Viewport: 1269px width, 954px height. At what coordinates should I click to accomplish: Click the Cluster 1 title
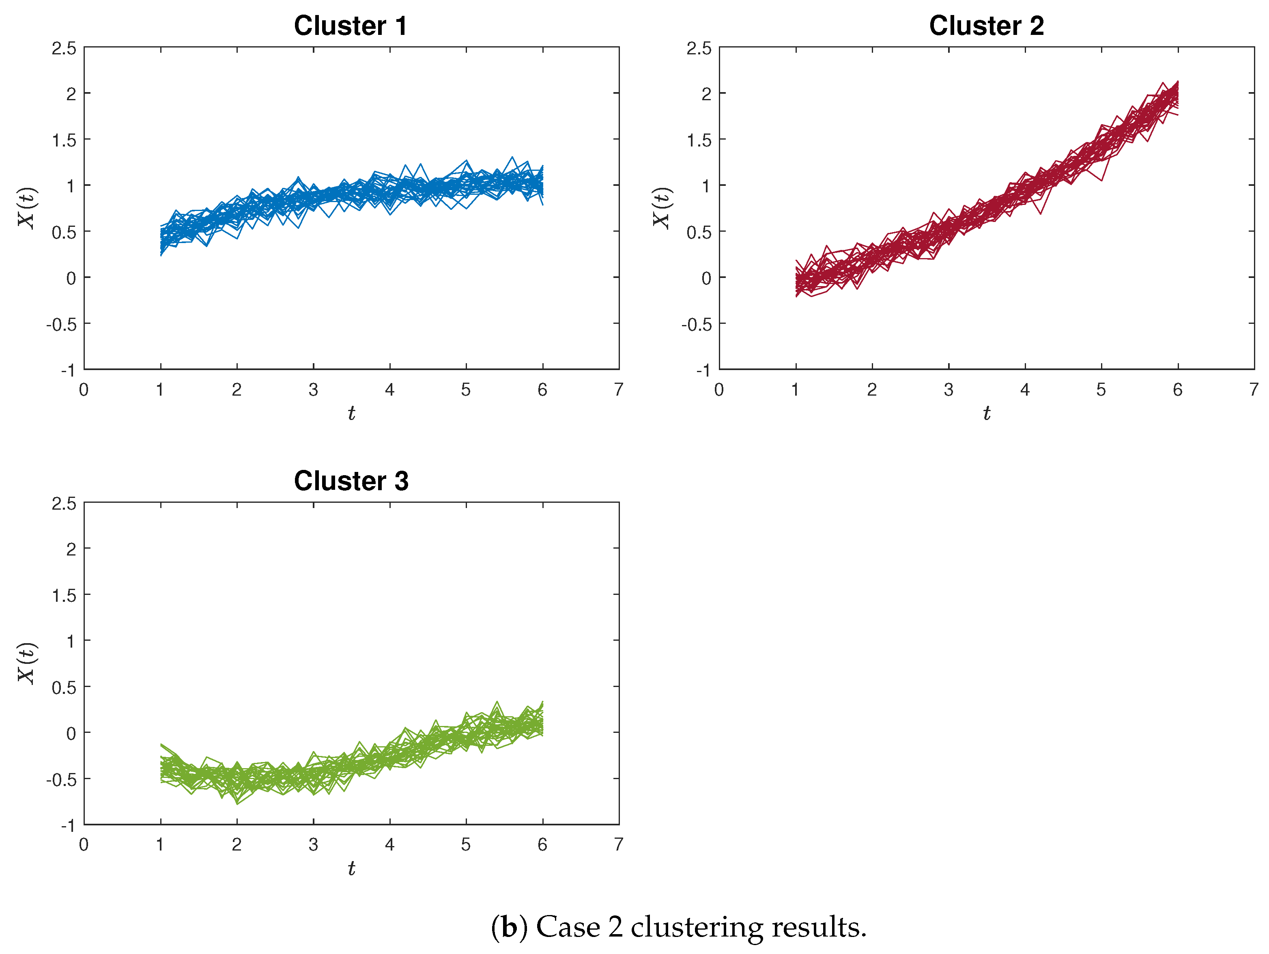[351, 26]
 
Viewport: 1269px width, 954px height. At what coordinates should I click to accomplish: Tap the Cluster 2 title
[986, 26]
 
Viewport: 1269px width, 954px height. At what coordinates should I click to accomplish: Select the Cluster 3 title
[351, 481]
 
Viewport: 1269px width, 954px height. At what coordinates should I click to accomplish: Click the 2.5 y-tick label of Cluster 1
[64, 48]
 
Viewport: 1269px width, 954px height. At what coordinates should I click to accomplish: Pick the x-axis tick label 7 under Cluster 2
[1254, 390]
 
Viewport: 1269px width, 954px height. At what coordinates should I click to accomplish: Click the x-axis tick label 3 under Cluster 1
[313, 390]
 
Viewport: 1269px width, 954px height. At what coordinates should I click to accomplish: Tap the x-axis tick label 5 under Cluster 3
[466, 844]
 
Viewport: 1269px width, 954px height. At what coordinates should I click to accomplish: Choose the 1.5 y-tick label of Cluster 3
[64, 595]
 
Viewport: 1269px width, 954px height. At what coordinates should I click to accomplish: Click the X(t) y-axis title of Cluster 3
[27, 663]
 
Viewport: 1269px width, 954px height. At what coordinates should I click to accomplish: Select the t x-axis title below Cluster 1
[351, 413]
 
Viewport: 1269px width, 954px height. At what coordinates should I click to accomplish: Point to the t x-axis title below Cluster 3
[351, 868]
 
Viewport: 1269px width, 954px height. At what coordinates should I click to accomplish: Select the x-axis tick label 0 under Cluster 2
[719, 390]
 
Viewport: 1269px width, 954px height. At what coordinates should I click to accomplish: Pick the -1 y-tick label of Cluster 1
[68, 370]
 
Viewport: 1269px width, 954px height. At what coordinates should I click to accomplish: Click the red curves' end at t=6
[1177, 97]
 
